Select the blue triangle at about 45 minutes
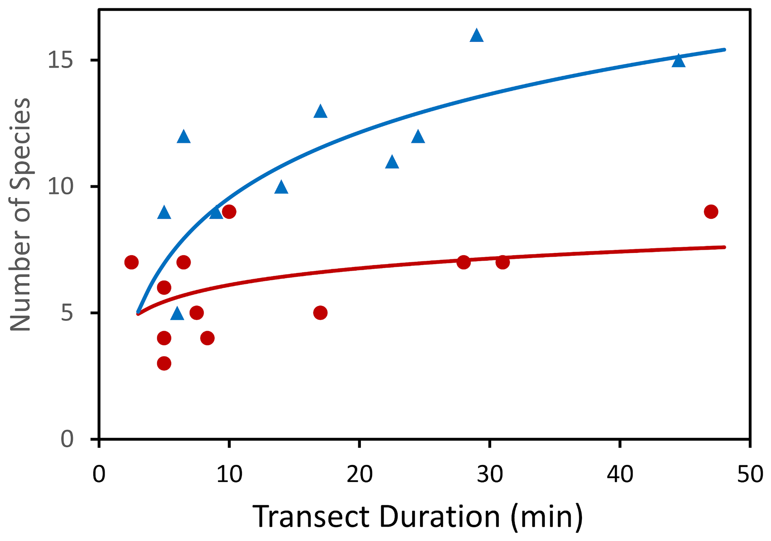pyautogui.click(x=678, y=61)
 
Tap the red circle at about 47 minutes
pyautogui.click(x=711, y=212)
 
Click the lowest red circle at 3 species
pyautogui.click(x=164, y=363)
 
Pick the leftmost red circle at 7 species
pyautogui.click(x=131, y=262)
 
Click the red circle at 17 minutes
pyautogui.click(x=320, y=313)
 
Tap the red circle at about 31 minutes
pyautogui.click(x=502, y=262)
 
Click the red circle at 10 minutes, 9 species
pyautogui.click(x=229, y=212)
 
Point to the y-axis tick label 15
pyautogui.click(x=60, y=60)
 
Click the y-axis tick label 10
pyautogui.click(x=60, y=187)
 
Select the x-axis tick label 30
pyautogui.click(x=490, y=474)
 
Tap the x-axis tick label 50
pyautogui.click(x=749, y=474)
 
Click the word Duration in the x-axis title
pyautogui.click(x=440, y=517)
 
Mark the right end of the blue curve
pyautogui.click(x=725, y=50)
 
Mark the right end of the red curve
pyautogui.click(x=725, y=247)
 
